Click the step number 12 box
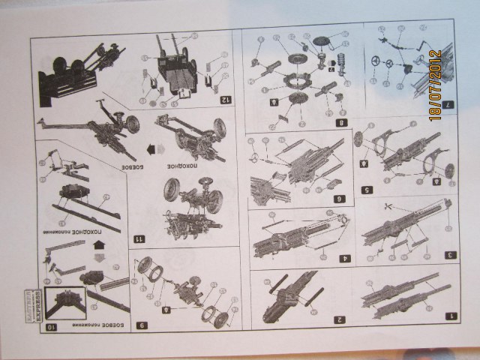223,98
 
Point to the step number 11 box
138,238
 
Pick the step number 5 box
449,190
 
